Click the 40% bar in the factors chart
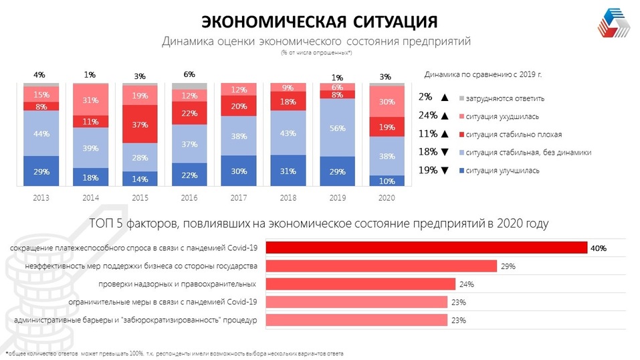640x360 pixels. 427,248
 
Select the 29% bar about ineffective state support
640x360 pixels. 381,266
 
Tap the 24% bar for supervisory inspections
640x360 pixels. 360,284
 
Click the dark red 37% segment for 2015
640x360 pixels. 140,124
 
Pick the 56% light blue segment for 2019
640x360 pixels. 338,128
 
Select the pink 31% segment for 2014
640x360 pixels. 90,100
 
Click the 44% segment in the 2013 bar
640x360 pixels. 41,133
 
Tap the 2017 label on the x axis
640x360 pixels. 239,198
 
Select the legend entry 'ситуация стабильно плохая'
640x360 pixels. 506,134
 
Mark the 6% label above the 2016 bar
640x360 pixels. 189,75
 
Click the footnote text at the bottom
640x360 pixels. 177,353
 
